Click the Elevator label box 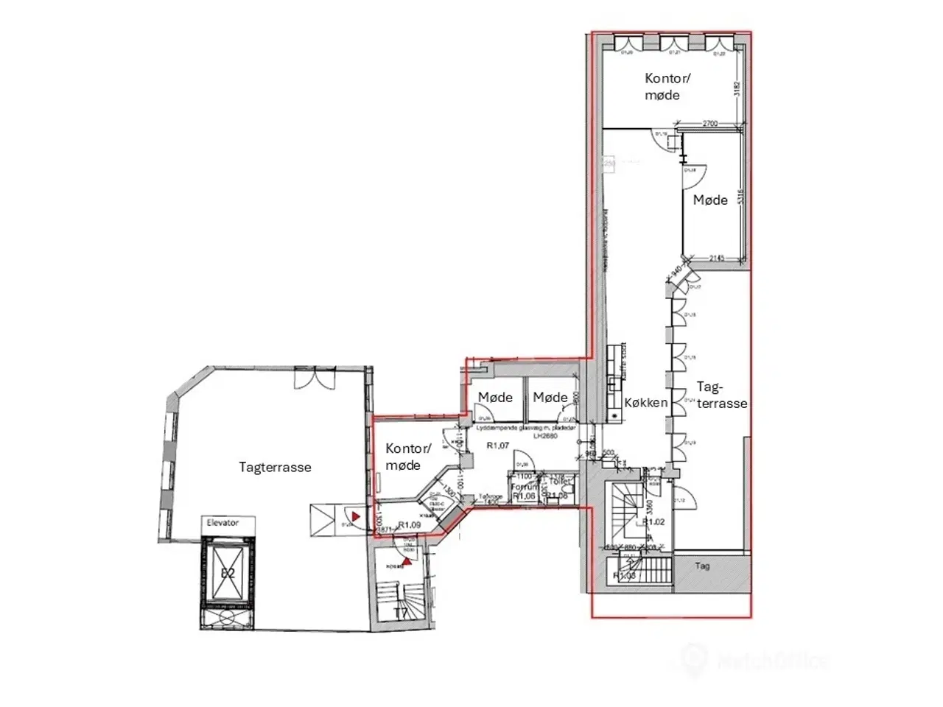click(222, 523)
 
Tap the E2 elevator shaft click(228, 571)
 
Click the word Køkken click(646, 403)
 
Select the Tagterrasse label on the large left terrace click(275, 467)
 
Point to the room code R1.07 click(498, 445)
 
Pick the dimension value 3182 click(737, 90)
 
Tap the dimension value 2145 click(718, 258)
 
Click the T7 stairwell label click(401, 613)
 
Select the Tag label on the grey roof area click(703, 566)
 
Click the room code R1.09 click(409, 526)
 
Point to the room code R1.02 click(654, 522)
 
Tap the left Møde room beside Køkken click(495, 398)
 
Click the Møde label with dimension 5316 click(710, 200)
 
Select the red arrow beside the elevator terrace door click(356, 517)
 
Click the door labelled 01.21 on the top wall click(673, 44)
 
